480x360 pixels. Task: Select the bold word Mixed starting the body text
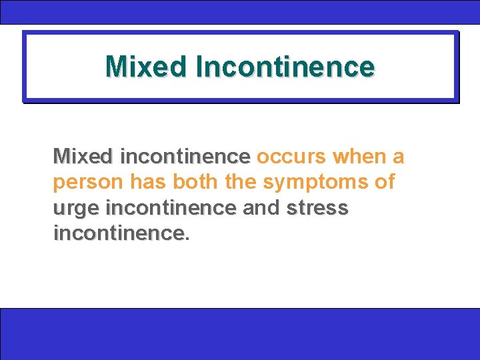84,157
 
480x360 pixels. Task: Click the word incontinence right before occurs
185,157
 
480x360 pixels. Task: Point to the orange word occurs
291,157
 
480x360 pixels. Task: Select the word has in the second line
145,182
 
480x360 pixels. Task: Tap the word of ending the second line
384,182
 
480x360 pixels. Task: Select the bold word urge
77,209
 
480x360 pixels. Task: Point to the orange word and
261,207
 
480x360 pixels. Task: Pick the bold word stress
317,207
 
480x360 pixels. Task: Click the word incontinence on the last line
118,233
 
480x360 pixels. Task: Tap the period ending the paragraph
187,239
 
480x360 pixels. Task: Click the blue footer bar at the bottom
240,333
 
